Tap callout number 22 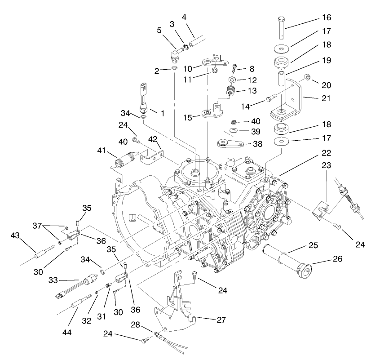(x=327, y=152)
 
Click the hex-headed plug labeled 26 (x=304, y=271)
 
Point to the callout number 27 (x=221, y=320)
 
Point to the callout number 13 (x=252, y=90)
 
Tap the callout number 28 (x=135, y=325)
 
